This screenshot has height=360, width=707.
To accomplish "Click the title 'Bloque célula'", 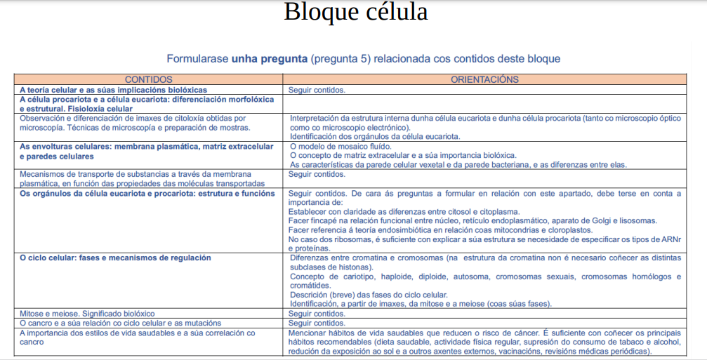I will click(x=355, y=13).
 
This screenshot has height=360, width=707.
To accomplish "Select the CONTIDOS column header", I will click(x=148, y=80).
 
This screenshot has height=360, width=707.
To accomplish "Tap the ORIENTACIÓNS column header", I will click(x=484, y=80).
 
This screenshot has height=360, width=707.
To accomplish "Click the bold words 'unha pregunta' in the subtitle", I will click(x=269, y=59).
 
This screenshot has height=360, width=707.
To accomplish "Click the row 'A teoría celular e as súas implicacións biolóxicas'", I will click(x=113, y=90).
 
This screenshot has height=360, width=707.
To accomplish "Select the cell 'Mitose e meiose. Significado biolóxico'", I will click(x=87, y=314).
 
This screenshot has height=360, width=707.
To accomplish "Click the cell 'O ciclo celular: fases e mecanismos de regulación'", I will click(x=115, y=258).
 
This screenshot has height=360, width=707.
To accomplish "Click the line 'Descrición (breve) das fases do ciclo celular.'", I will click(x=369, y=295).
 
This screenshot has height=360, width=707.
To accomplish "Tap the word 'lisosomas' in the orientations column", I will click(x=637, y=220).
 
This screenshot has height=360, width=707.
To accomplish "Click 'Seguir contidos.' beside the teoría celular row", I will click(x=317, y=90).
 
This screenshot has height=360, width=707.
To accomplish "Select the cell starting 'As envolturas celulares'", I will click(x=146, y=151).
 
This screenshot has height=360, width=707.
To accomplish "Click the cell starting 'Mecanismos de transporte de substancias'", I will click(x=147, y=178).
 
